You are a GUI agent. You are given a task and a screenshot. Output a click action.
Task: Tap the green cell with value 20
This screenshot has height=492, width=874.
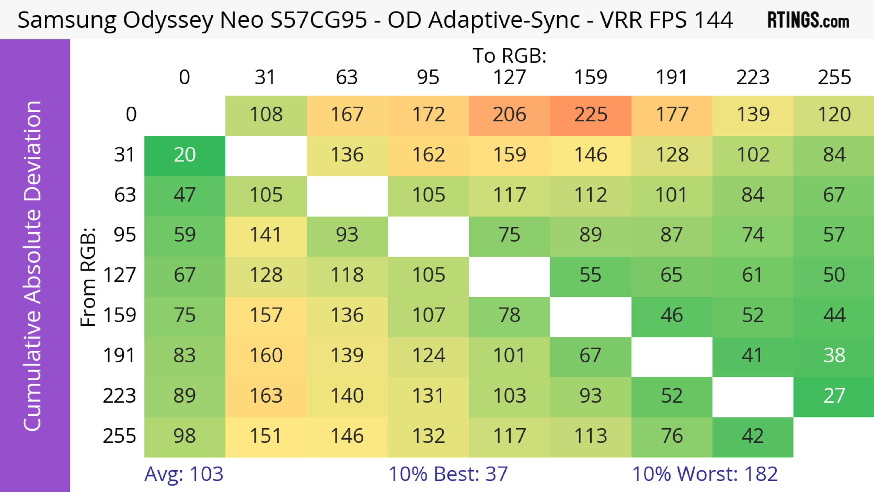(185, 155)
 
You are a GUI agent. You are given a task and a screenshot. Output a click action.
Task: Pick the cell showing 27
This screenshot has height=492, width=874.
(834, 396)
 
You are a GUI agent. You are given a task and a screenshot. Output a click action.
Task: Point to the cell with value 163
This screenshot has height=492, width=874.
(266, 396)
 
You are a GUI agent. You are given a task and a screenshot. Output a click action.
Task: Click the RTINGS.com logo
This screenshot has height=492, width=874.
(808, 20)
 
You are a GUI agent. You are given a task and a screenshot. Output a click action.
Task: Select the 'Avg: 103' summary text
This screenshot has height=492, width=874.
(183, 474)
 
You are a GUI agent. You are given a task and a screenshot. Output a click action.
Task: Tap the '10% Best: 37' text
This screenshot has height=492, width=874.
(448, 474)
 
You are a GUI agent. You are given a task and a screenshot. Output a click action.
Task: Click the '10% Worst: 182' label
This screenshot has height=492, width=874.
(705, 474)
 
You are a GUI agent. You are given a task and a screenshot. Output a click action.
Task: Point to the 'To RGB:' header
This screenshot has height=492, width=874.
(509, 56)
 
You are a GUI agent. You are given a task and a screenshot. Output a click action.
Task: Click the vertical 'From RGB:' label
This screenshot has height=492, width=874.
(88, 277)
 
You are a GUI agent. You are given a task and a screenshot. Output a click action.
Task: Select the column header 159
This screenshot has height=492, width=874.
(590, 77)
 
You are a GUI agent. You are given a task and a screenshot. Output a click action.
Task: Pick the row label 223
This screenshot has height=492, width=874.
(119, 396)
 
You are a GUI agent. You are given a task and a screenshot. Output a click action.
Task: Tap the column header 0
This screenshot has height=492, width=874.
(185, 77)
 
